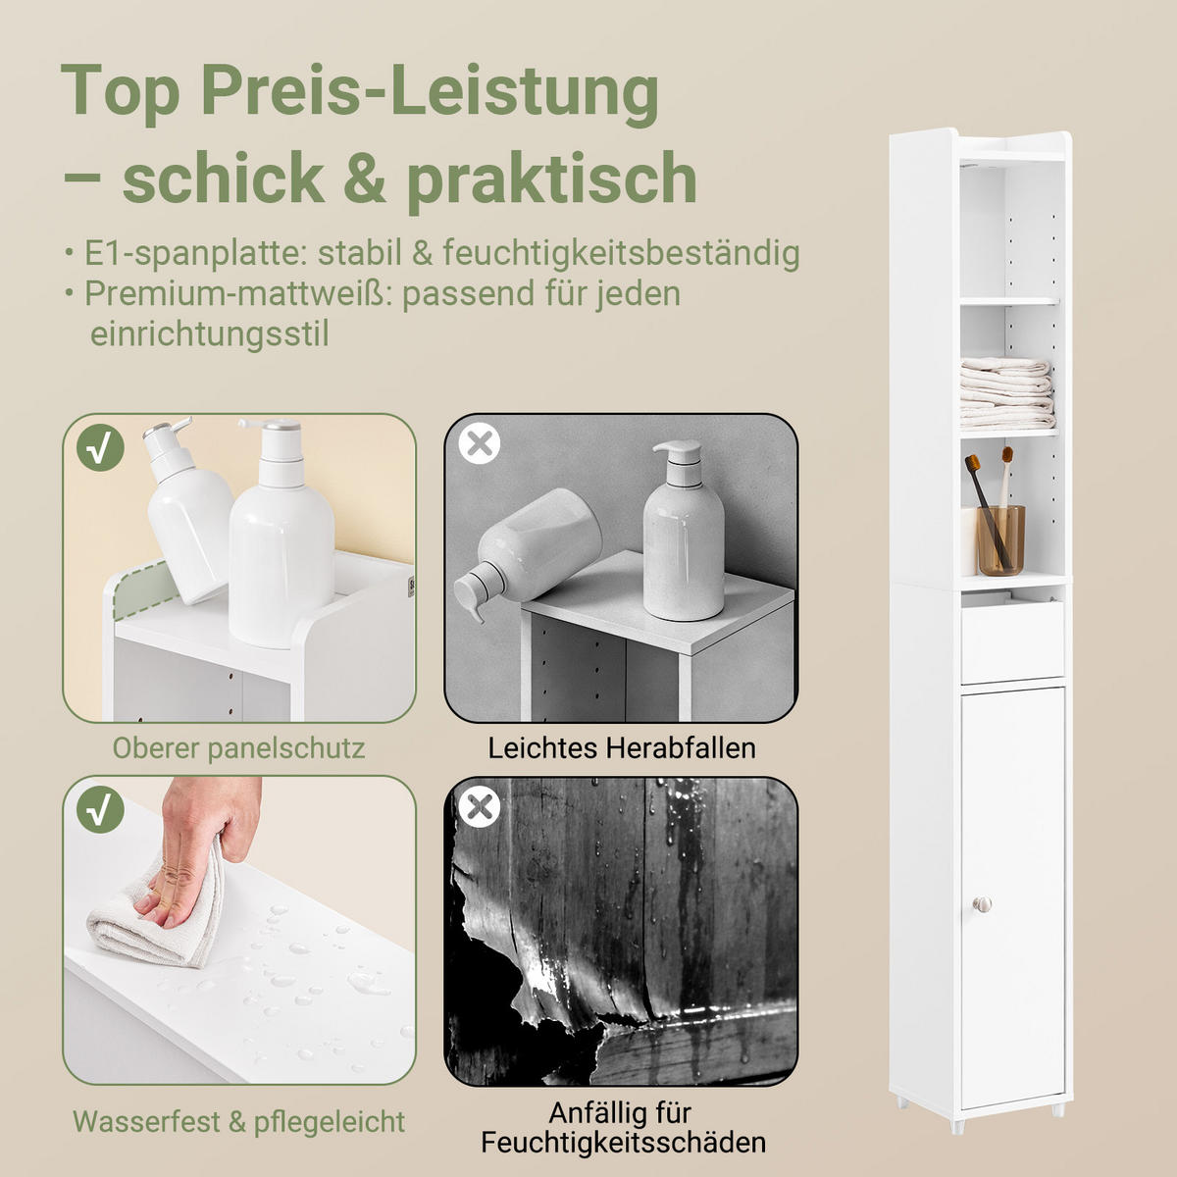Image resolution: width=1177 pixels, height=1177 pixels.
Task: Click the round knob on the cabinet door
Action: tap(983, 903)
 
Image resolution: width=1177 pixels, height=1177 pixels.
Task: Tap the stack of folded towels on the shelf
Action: tap(1006, 393)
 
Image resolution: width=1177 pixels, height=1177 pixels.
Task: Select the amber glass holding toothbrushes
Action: tap(1000, 539)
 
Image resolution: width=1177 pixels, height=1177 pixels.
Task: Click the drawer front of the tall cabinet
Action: tap(1012, 642)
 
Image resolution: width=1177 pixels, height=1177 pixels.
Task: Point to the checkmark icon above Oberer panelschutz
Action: tap(100, 447)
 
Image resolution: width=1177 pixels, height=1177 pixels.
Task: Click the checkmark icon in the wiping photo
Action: tap(100, 810)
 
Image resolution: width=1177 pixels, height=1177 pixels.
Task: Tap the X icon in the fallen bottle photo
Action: tap(480, 443)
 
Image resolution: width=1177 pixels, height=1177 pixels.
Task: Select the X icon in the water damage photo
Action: tap(480, 807)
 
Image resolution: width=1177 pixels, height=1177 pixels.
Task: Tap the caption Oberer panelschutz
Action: tap(238, 748)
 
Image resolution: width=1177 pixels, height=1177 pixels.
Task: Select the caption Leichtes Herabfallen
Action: tap(622, 748)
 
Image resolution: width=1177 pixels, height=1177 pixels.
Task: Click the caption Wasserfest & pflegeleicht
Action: tap(238, 1121)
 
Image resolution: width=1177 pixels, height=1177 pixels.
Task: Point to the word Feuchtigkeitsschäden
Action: tap(623, 1143)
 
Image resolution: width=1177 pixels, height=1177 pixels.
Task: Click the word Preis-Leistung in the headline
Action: tap(430, 91)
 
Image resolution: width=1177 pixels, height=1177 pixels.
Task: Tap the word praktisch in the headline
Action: tap(551, 179)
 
